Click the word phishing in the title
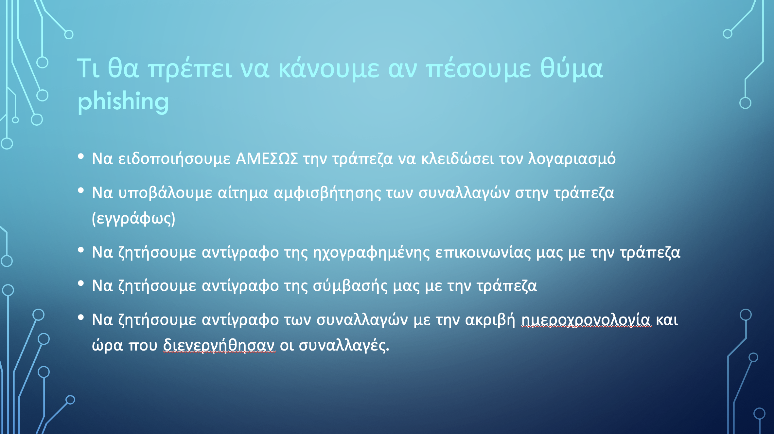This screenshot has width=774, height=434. click(123, 102)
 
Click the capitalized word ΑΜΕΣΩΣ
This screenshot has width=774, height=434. click(267, 159)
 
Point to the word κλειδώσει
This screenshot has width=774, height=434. click(458, 159)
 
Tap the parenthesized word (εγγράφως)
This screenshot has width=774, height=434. click(133, 219)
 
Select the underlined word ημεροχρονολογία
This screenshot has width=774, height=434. click(586, 320)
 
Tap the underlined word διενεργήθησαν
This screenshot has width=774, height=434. click(219, 345)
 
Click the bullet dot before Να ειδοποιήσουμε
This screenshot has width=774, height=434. click(81, 156)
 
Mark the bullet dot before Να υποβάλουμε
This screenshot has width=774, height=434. click(81, 190)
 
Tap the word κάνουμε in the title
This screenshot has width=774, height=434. click(329, 69)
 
